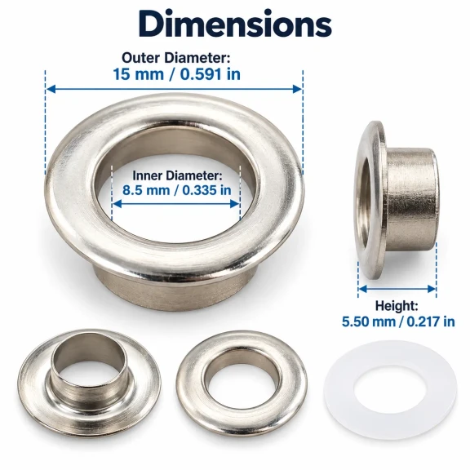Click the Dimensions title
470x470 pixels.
tap(235, 24)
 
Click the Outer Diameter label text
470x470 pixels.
tap(175, 58)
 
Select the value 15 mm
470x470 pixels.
tap(138, 74)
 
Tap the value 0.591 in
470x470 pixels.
tap(211, 74)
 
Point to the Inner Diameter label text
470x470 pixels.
tap(177, 175)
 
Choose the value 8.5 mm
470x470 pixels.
tap(146, 190)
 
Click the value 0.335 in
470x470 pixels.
tap(206, 190)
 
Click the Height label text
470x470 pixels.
tap(397, 306)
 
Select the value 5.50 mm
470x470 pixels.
tap(369, 322)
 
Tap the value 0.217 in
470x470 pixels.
tap(431, 322)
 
